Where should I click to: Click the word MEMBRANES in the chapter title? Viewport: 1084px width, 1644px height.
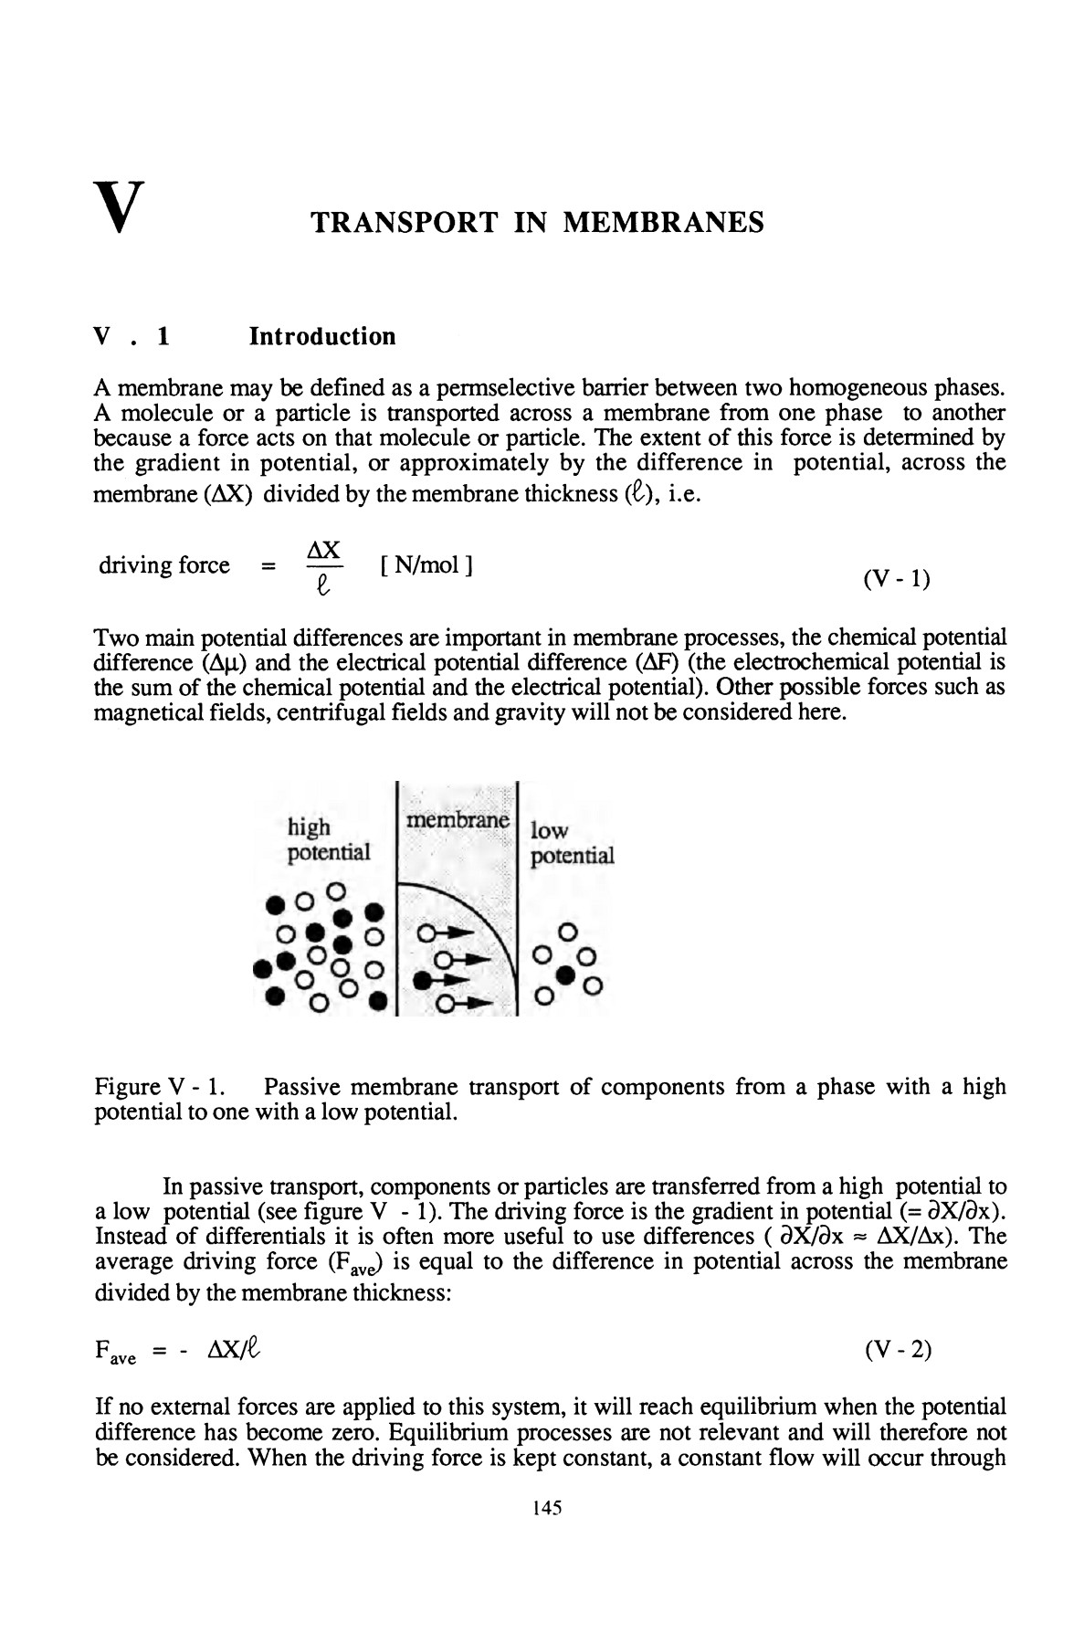(x=664, y=223)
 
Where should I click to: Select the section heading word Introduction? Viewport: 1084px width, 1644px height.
(x=322, y=337)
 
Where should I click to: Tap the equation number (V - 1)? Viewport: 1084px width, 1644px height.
(x=896, y=579)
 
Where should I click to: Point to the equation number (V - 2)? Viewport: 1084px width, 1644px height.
(x=898, y=1349)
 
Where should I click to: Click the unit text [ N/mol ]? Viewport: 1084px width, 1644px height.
(x=425, y=565)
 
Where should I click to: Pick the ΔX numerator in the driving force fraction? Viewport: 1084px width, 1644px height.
(x=324, y=550)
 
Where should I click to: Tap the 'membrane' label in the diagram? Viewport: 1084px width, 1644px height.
(x=457, y=820)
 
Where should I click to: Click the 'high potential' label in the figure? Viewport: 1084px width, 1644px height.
(x=328, y=840)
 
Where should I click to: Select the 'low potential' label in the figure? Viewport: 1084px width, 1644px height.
(x=572, y=843)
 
